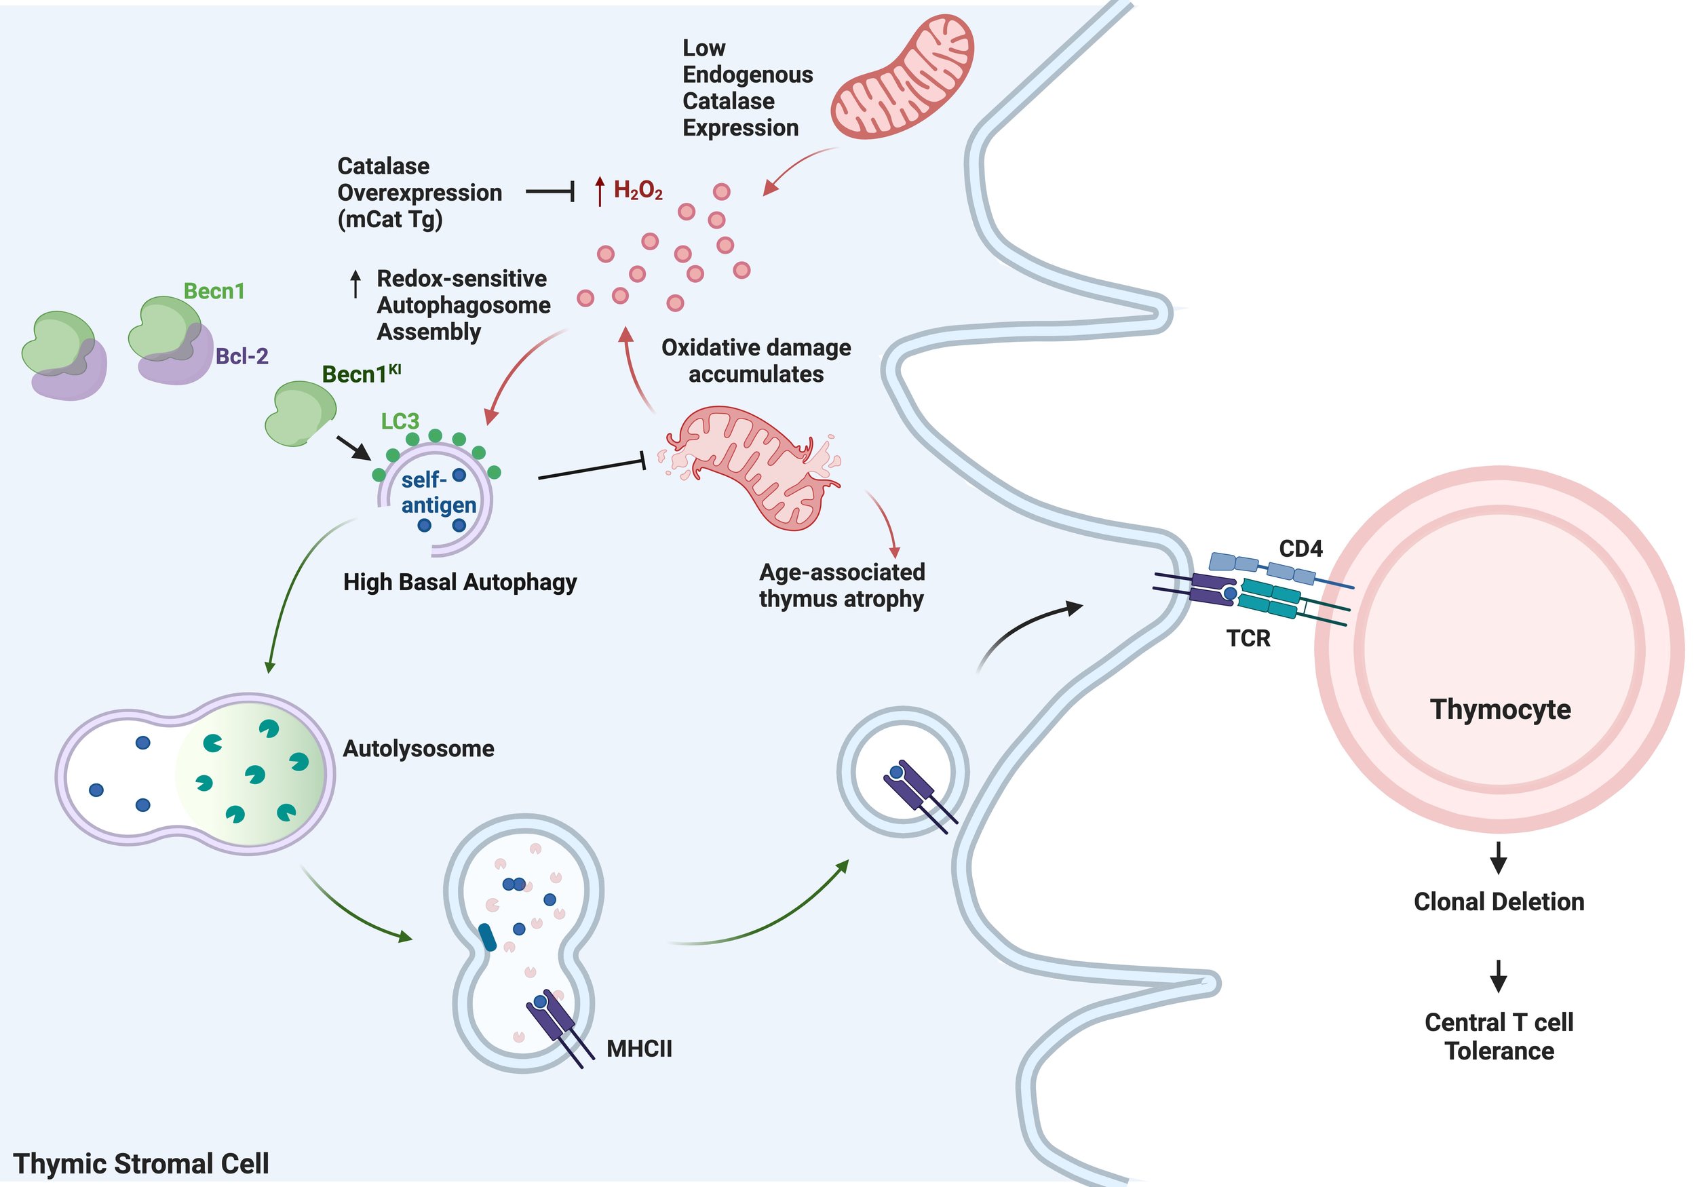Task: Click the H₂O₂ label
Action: coord(638,191)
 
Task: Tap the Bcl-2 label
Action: coord(242,357)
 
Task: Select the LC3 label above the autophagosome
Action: coord(400,421)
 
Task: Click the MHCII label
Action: coord(639,1049)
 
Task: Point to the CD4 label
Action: coord(1300,549)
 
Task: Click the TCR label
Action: coord(1248,638)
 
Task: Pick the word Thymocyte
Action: coord(1500,709)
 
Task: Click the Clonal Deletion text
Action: coord(1499,902)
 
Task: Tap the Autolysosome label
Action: coord(418,749)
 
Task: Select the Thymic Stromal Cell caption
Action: coord(141,1164)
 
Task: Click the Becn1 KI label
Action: coord(361,374)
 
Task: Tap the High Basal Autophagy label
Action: coord(459,583)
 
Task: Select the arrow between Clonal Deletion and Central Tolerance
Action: coord(1498,975)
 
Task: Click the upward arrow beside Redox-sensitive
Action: coord(355,284)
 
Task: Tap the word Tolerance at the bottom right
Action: coord(1499,1051)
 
